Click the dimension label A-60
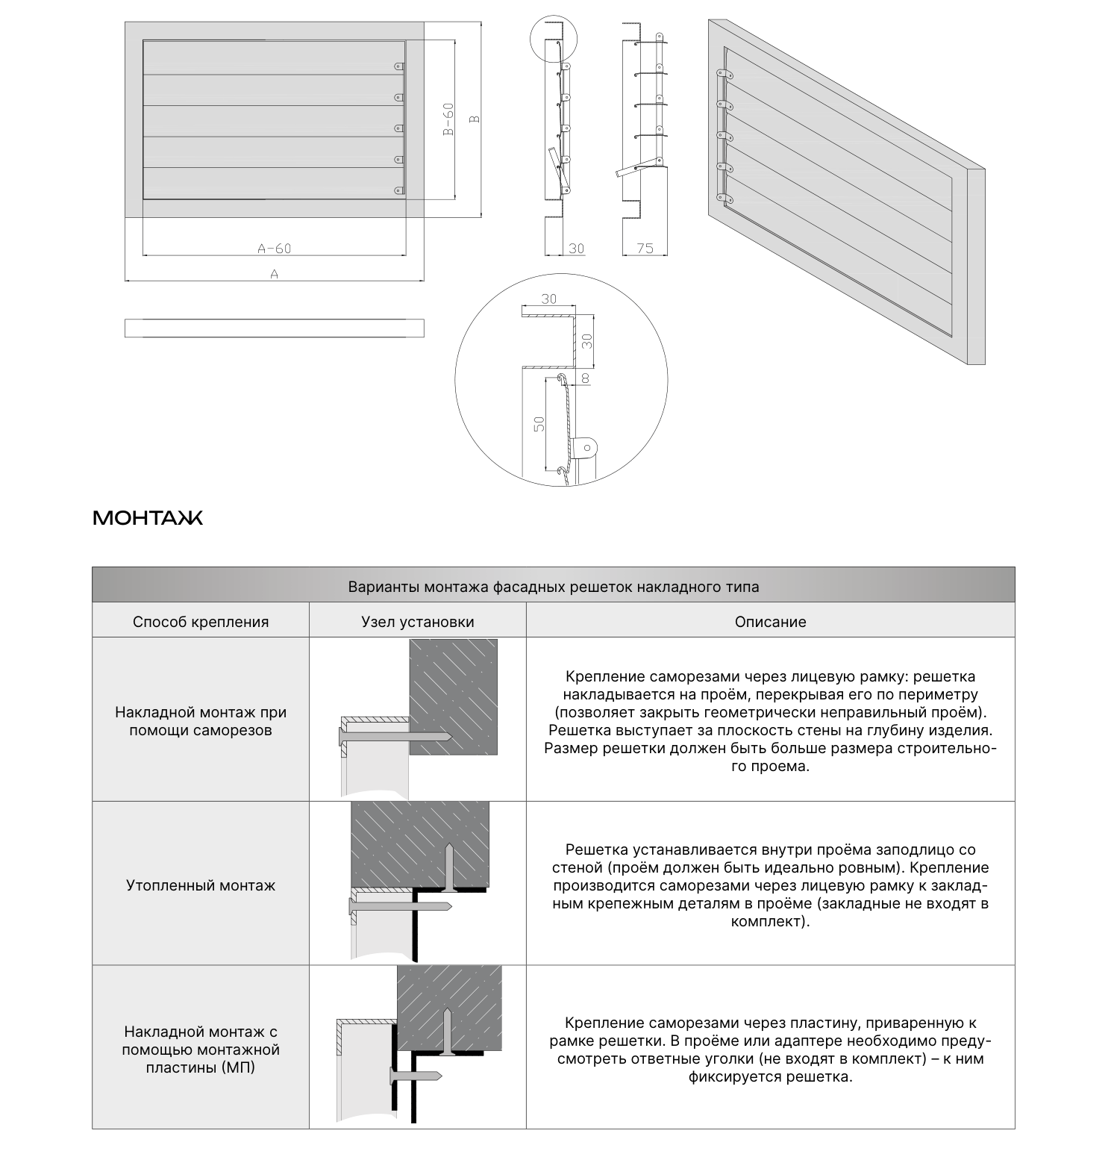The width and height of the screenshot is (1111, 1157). coord(274,248)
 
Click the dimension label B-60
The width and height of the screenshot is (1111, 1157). coord(448,119)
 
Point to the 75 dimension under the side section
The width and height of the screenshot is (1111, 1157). coord(645,248)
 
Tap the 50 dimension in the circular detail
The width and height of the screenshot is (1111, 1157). coord(541,423)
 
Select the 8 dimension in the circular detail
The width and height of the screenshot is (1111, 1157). coord(585,378)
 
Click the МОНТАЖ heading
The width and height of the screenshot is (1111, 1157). coord(148,518)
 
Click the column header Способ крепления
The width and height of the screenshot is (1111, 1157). coord(201,622)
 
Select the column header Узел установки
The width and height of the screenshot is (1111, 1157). coord(418,622)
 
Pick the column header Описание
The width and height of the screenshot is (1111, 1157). coord(771,622)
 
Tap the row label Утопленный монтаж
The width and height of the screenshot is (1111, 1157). coord(201,885)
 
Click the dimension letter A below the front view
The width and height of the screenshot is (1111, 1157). coord(274,274)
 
